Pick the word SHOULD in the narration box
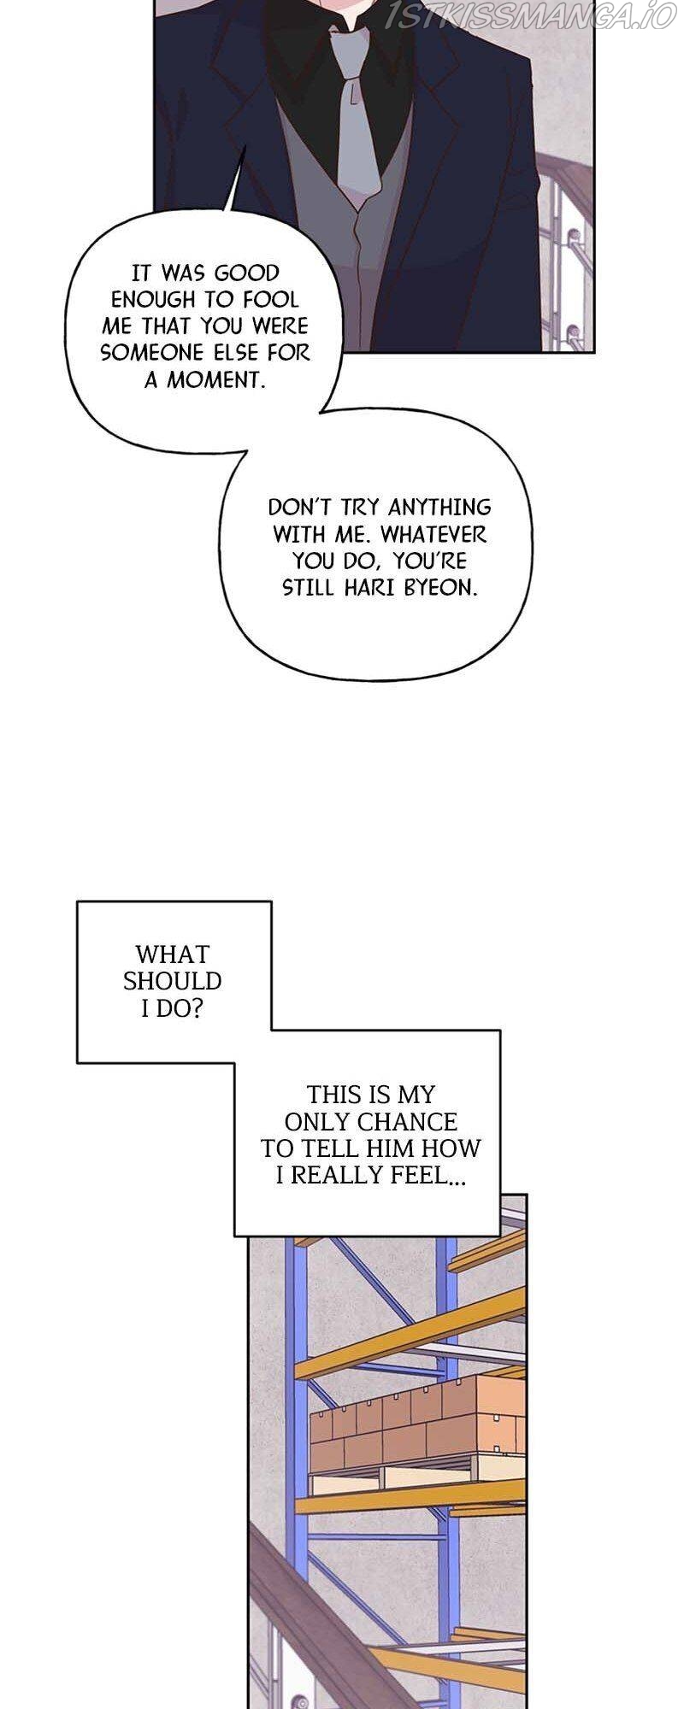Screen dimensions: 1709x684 point(172,981)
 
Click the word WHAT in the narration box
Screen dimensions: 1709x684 point(172,954)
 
